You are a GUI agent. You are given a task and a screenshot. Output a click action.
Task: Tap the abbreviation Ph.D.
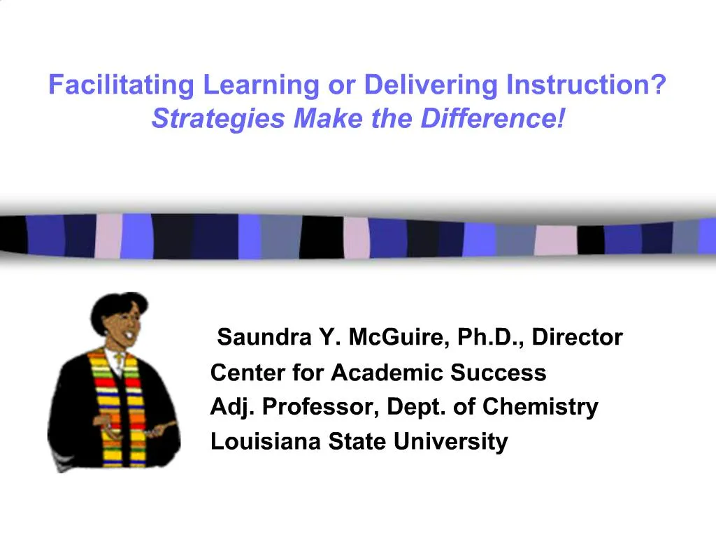point(490,338)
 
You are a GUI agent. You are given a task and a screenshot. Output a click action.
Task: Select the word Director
point(577,338)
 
